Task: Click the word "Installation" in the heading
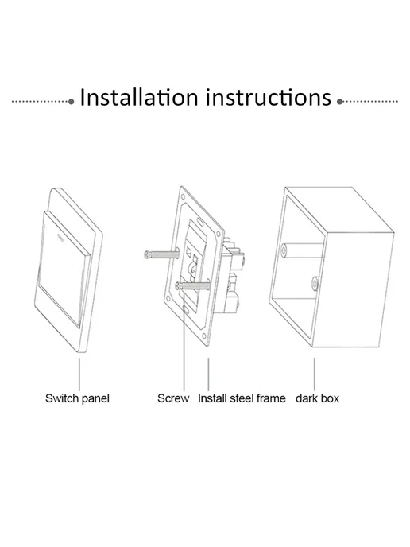(x=139, y=97)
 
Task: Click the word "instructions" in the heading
(x=269, y=97)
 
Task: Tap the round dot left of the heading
(x=72, y=102)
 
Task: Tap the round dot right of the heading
(x=340, y=102)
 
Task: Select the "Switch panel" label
(x=77, y=398)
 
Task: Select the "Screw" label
(x=173, y=398)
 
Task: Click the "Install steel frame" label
(x=242, y=398)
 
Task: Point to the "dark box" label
(x=317, y=398)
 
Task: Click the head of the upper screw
(x=147, y=254)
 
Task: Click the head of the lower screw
(x=179, y=286)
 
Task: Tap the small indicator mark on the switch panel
(x=60, y=238)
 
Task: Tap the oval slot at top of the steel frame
(x=200, y=222)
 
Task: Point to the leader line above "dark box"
(x=314, y=374)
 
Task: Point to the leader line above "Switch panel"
(x=79, y=374)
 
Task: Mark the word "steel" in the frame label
(x=242, y=398)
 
